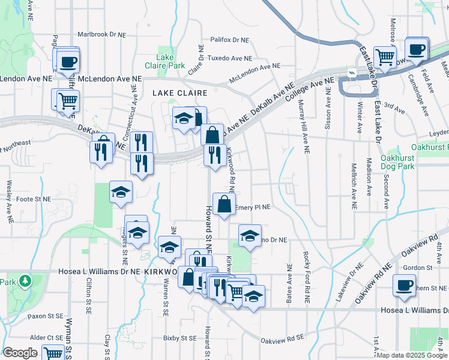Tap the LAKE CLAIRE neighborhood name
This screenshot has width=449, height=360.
tap(179, 93)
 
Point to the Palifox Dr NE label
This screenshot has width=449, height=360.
tap(229, 40)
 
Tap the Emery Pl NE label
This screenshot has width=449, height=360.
tap(253, 207)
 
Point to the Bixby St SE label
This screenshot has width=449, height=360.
tap(180, 338)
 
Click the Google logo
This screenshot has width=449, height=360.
tap(20, 353)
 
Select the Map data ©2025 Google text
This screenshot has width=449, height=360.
tap(412, 355)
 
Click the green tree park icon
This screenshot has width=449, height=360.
tap(25, 280)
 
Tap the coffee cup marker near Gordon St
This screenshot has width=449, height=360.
tap(403, 285)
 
